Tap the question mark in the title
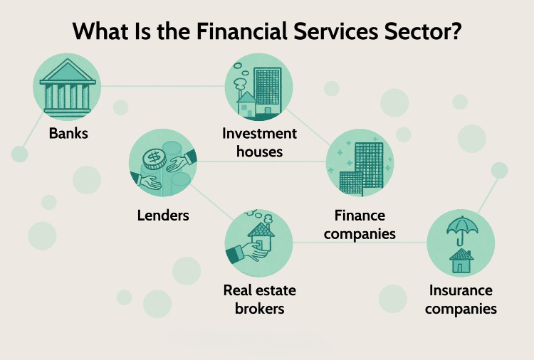[456, 31]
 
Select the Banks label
[68, 133]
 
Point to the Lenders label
[163, 216]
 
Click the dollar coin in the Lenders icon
[155, 159]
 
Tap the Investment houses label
[259, 142]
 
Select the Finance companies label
[360, 225]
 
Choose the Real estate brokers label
[259, 300]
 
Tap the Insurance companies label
[461, 300]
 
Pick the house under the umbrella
[461, 260]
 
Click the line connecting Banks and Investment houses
[163, 86]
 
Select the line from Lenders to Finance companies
[261, 162]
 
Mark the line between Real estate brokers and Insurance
[360, 243]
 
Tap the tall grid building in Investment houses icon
[268, 90]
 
